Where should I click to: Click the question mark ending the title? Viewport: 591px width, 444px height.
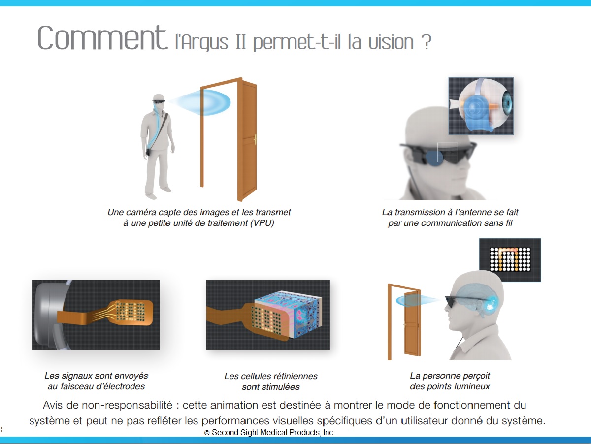point(427,42)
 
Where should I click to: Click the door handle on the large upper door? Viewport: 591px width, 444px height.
point(255,140)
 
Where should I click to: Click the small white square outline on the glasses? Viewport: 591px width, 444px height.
point(448,153)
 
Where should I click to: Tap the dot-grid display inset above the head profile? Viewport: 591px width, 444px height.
point(510,259)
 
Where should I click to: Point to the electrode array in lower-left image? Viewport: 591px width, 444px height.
point(131,311)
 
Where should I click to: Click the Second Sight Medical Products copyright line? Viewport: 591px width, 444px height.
point(269,432)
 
